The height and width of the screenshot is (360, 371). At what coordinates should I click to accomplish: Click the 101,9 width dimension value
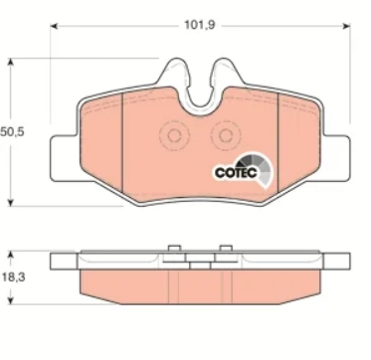200,25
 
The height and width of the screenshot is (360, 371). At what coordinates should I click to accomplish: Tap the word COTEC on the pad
236,172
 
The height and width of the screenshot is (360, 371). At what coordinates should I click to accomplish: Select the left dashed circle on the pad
174,135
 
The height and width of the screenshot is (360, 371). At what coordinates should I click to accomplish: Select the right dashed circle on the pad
226,135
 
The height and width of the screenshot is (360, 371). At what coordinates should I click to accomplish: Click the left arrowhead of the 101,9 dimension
54,26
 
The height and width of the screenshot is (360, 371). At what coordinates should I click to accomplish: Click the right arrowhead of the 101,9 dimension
346,26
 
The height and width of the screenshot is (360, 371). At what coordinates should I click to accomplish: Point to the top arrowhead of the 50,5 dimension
11,63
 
